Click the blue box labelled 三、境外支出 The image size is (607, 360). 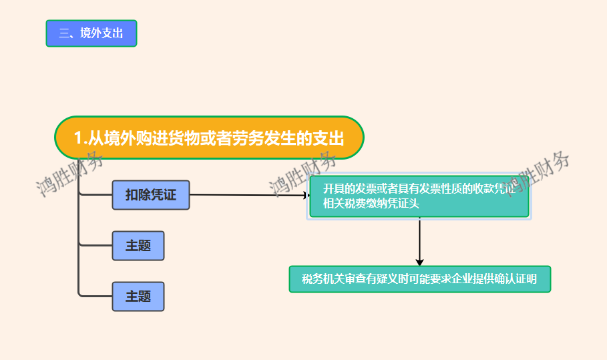(91, 33)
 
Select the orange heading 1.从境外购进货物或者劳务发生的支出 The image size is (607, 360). (208, 138)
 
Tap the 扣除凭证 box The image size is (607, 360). (151, 195)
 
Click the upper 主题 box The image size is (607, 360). (138, 246)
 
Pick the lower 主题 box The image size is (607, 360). (138, 297)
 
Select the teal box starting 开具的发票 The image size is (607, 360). (419, 196)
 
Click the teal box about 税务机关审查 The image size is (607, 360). (419, 279)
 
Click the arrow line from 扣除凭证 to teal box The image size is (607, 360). (247, 195)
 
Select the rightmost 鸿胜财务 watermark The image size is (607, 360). (538, 172)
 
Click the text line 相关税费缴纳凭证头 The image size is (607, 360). (371, 204)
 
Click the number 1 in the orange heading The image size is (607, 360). (77, 139)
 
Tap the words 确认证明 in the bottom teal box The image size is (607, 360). (515, 279)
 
